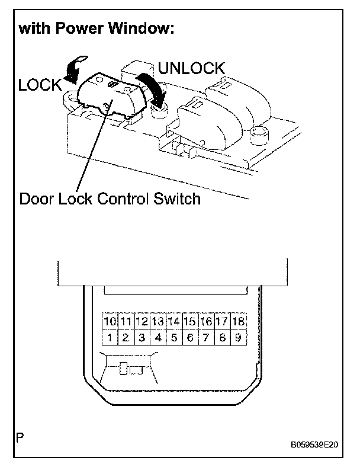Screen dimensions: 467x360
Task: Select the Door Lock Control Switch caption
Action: coord(110,198)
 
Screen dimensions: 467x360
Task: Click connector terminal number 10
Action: coord(110,322)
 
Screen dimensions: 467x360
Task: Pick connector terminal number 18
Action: coord(238,322)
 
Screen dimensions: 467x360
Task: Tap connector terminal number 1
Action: coord(110,338)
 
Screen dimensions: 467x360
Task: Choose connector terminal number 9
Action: coord(238,338)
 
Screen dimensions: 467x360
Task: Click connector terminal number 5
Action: coord(174,338)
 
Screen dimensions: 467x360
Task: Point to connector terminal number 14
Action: coord(174,322)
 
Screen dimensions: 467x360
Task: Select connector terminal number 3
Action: coord(142,338)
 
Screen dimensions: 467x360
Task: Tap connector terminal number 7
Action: coord(206,338)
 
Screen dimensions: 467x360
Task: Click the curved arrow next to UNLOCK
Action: coord(149,86)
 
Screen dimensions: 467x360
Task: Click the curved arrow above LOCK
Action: coord(75,66)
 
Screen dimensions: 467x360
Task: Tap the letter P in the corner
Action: coord(20,439)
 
